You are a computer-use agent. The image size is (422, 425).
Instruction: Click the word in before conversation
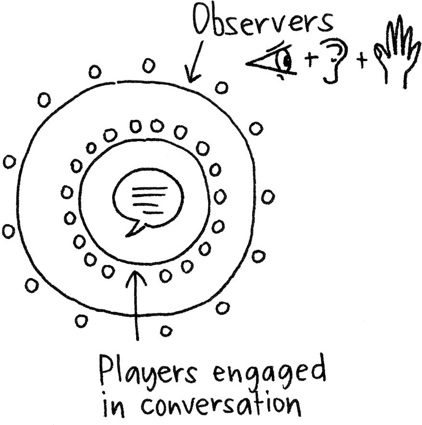(114, 405)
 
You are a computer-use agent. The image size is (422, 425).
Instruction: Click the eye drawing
(272, 61)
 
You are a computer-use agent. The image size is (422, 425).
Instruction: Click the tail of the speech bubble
(136, 229)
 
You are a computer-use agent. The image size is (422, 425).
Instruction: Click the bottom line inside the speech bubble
(151, 213)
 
